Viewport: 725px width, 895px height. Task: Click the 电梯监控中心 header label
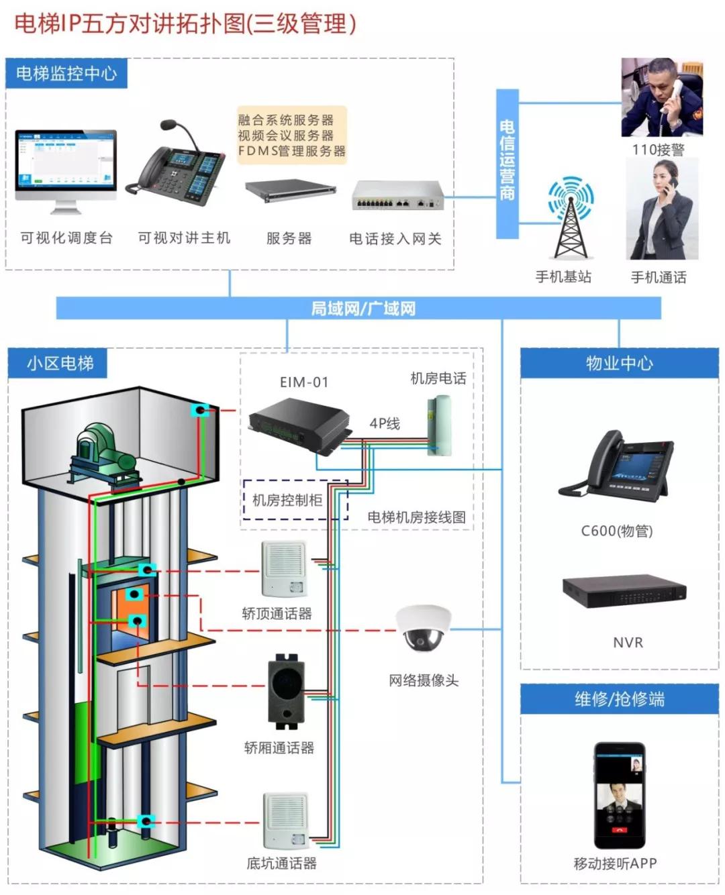pyautogui.click(x=66, y=74)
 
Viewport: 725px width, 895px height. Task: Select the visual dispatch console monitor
pyautogui.click(x=66, y=164)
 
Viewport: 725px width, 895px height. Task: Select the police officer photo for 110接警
pyautogui.click(x=662, y=98)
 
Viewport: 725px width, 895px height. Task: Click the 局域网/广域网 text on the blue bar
pyautogui.click(x=362, y=309)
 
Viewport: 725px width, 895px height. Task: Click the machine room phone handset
pyautogui.click(x=440, y=425)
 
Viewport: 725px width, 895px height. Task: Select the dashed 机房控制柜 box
pyautogui.click(x=295, y=500)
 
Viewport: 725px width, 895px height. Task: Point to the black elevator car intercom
pyautogui.click(x=286, y=691)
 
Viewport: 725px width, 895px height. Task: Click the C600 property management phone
pyautogui.click(x=616, y=466)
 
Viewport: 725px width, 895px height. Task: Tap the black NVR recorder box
pyautogui.click(x=624, y=591)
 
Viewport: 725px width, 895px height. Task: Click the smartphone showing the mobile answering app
pyautogui.click(x=619, y=795)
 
